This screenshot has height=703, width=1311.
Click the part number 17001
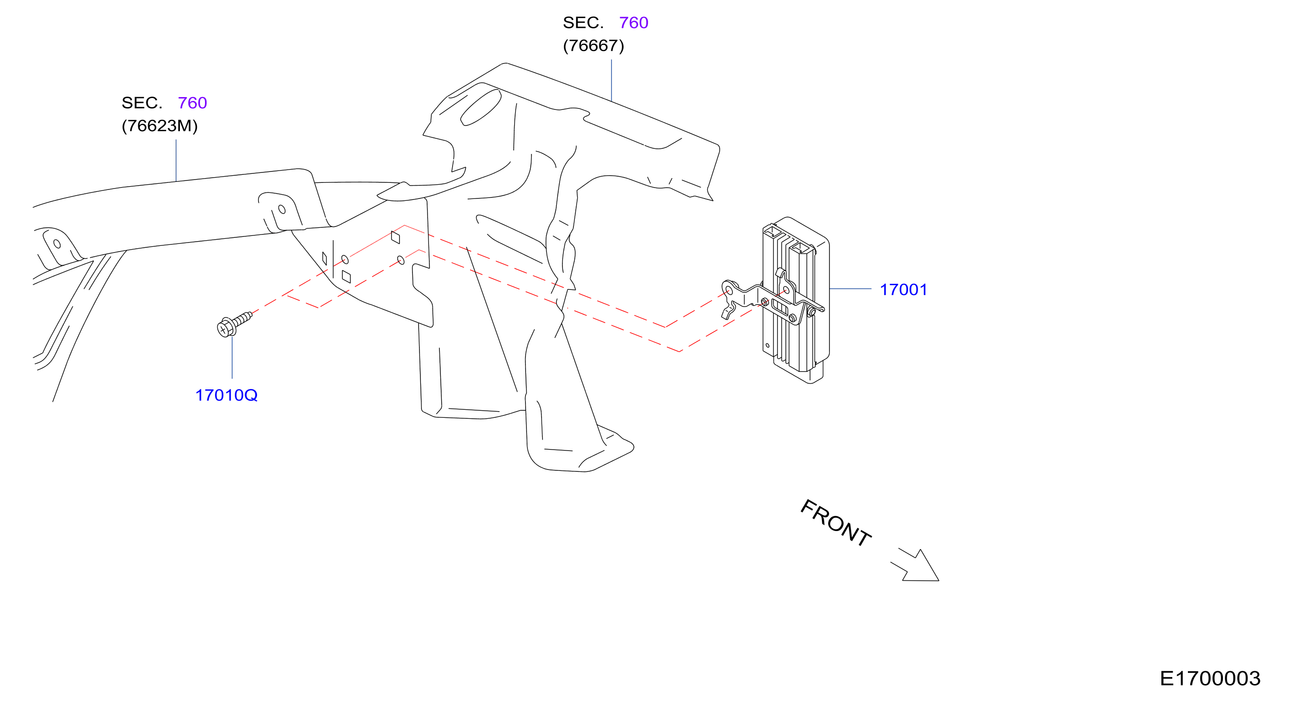pyautogui.click(x=903, y=289)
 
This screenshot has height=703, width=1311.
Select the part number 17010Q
pyautogui.click(x=226, y=395)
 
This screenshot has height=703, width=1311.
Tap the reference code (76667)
pyautogui.click(x=593, y=46)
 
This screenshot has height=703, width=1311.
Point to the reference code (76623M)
pyautogui.click(x=159, y=126)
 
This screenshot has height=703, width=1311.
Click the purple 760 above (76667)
pyautogui.click(x=633, y=22)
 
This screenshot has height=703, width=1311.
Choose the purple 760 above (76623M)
pyautogui.click(x=192, y=103)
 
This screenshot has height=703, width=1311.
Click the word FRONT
pyautogui.click(x=836, y=523)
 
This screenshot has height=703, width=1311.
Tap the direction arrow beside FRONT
pyautogui.click(x=916, y=566)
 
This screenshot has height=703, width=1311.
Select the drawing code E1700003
pyautogui.click(x=1210, y=678)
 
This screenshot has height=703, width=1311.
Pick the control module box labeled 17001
pyautogui.click(x=796, y=300)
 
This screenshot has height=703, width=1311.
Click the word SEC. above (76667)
pyautogui.click(x=583, y=22)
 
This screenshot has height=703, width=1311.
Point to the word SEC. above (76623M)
pyautogui.click(x=142, y=103)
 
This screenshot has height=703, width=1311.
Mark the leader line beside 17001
pyautogui.click(x=850, y=288)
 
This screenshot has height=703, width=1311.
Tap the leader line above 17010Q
pyautogui.click(x=232, y=357)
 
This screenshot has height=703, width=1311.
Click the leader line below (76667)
pyautogui.click(x=611, y=81)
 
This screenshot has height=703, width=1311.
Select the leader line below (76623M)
pyautogui.click(x=176, y=160)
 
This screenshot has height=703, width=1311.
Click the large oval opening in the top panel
pyautogui.click(x=481, y=108)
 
